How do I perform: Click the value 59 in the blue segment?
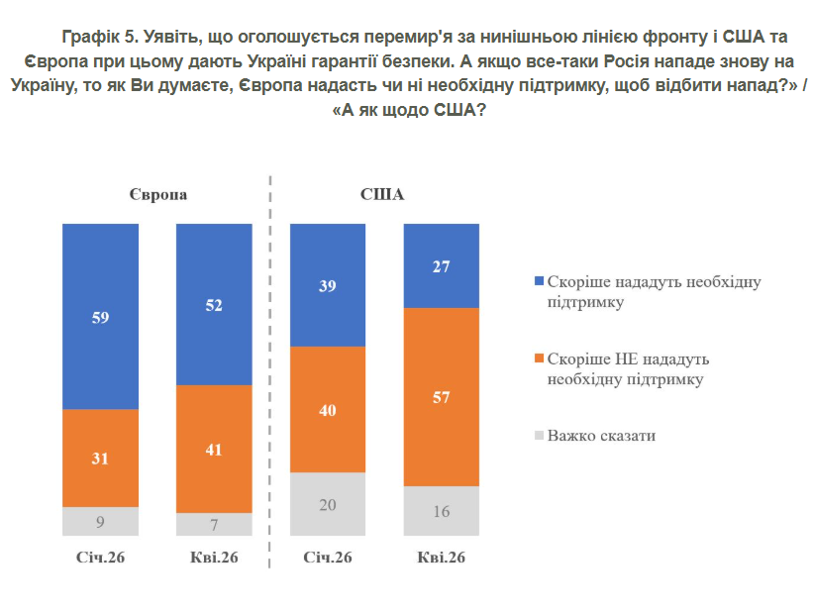click(x=100, y=319)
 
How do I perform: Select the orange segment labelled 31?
click(x=100, y=459)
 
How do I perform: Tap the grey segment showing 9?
click(x=100, y=521)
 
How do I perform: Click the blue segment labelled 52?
click(x=214, y=306)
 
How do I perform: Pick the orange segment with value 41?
click(x=214, y=449)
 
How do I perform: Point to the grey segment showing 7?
click(x=214, y=524)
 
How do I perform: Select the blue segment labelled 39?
click(x=328, y=286)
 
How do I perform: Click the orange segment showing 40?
click(x=328, y=410)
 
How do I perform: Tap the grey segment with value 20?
click(x=328, y=504)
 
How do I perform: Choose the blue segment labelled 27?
click(x=441, y=266)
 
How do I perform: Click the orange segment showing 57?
click(x=441, y=397)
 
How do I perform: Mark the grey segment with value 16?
click(x=441, y=511)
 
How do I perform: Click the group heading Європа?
click(x=157, y=194)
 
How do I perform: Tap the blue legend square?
click(x=539, y=282)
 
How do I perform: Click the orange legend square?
click(x=539, y=358)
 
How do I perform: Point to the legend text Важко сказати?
click(x=601, y=435)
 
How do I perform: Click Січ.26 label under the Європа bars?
click(x=100, y=558)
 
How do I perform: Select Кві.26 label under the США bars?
click(x=441, y=558)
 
